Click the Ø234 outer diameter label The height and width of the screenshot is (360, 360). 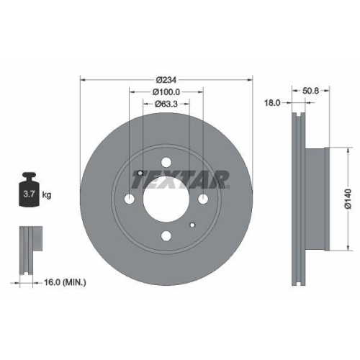(166, 79)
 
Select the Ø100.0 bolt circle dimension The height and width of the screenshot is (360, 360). (166, 91)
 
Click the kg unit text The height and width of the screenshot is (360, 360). (47, 194)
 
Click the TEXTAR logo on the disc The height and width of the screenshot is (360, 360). (183, 176)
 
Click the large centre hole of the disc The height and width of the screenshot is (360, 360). (166, 199)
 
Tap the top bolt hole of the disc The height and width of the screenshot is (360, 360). (166, 163)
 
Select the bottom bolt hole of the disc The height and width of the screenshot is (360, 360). (166, 235)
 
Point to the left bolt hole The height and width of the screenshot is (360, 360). (130, 199)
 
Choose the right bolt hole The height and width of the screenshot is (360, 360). (202, 199)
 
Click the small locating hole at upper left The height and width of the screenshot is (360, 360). (140, 173)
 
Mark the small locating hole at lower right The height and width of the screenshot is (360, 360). (192, 225)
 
